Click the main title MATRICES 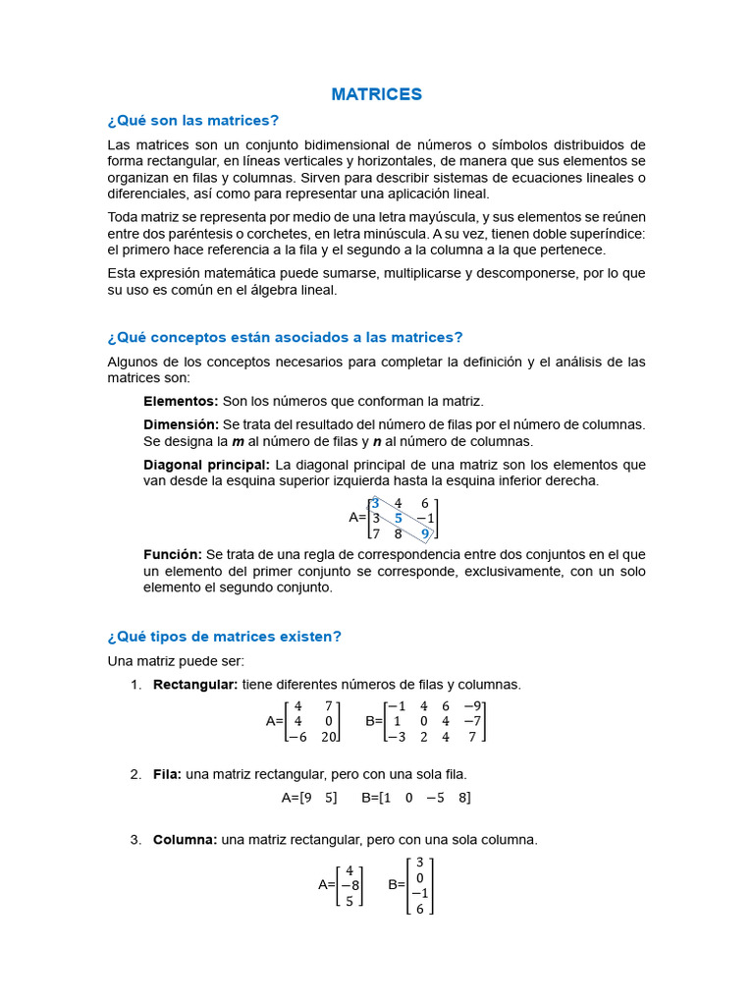point(376,94)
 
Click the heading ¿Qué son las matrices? point(192,120)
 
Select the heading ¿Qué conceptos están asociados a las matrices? point(285,337)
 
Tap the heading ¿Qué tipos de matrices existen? point(224,636)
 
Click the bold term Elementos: point(181,401)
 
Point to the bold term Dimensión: point(181,424)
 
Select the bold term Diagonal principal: point(206,465)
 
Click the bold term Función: point(173,555)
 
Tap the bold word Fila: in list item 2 point(167,774)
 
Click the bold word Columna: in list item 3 point(185,840)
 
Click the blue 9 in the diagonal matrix point(425,533)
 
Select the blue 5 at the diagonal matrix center point(399,518)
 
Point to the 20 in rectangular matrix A point(329,736)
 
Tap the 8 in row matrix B point(463,798)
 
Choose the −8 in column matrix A point(349,884)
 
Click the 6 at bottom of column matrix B point(420,909)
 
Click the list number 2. point(135,774)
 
